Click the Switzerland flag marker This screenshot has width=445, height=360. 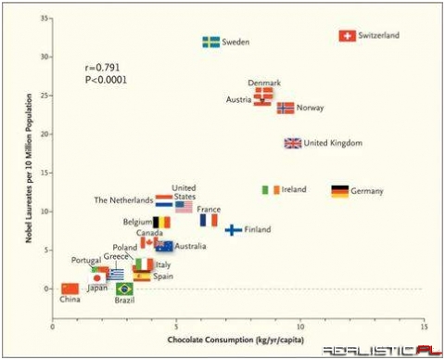(x=347, y=36)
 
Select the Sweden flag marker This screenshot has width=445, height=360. (x=211, y=43)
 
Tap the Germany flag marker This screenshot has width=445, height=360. (x=340, y=191)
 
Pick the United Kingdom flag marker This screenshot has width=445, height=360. (x=293, y=143)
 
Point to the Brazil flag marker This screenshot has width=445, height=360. (x=124, y=289)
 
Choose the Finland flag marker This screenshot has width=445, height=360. (x=234, y=229)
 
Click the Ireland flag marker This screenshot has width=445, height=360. (x=271, y=189)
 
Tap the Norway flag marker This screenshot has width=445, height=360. (x=286, y=109)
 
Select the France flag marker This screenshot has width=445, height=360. (x=210, y=221)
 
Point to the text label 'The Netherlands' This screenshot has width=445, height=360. (x=123, y=199)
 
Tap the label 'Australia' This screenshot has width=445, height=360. (x=190, y=246)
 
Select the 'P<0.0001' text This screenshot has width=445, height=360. (x=106, y=80)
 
